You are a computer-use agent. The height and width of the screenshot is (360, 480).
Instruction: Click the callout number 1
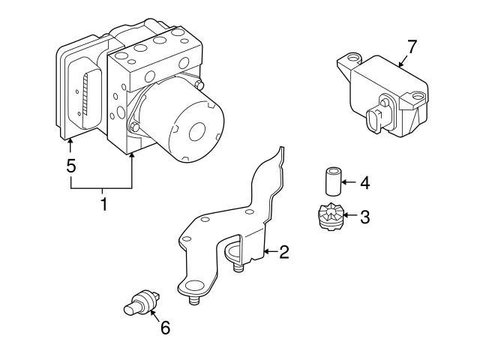tap(103, 202)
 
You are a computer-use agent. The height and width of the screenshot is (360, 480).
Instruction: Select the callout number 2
tap(283, 252)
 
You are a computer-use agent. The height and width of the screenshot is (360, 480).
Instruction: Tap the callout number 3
tap(364, 217)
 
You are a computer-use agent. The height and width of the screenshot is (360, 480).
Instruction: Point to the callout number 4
tap(364, 181)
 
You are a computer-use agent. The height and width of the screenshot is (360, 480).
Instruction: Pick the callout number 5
tap(71, 166)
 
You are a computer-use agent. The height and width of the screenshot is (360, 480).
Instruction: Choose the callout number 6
tap(164, 327)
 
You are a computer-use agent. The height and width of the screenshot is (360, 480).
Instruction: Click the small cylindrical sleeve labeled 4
tap(330, 181)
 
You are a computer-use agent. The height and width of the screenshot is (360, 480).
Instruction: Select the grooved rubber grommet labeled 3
tap(328, 217)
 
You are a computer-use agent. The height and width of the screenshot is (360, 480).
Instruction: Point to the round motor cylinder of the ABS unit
tap(187, 124)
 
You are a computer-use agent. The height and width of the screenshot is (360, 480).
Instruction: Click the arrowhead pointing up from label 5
tap(71, 141)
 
